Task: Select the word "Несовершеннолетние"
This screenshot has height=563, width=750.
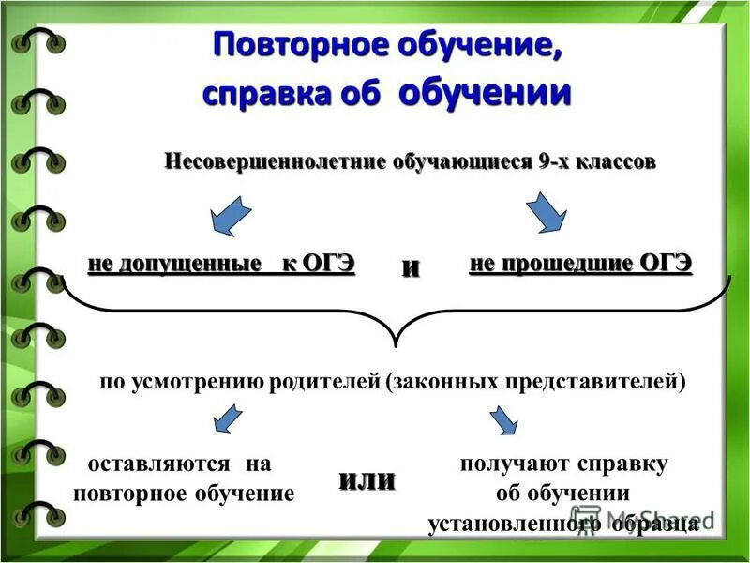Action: (275, 161)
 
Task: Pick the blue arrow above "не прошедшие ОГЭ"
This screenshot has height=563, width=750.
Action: (546, 213)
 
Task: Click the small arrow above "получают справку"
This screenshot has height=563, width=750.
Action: (502, 418)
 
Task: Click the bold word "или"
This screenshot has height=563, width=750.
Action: (367, 480)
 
